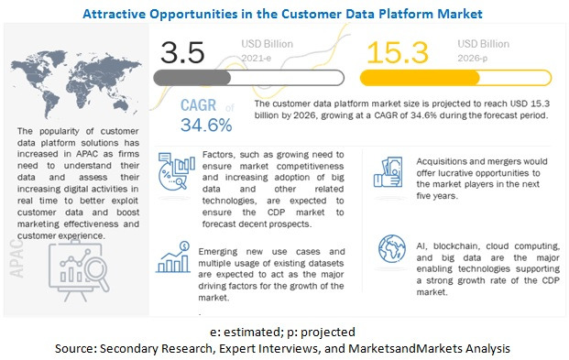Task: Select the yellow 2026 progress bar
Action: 430,77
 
